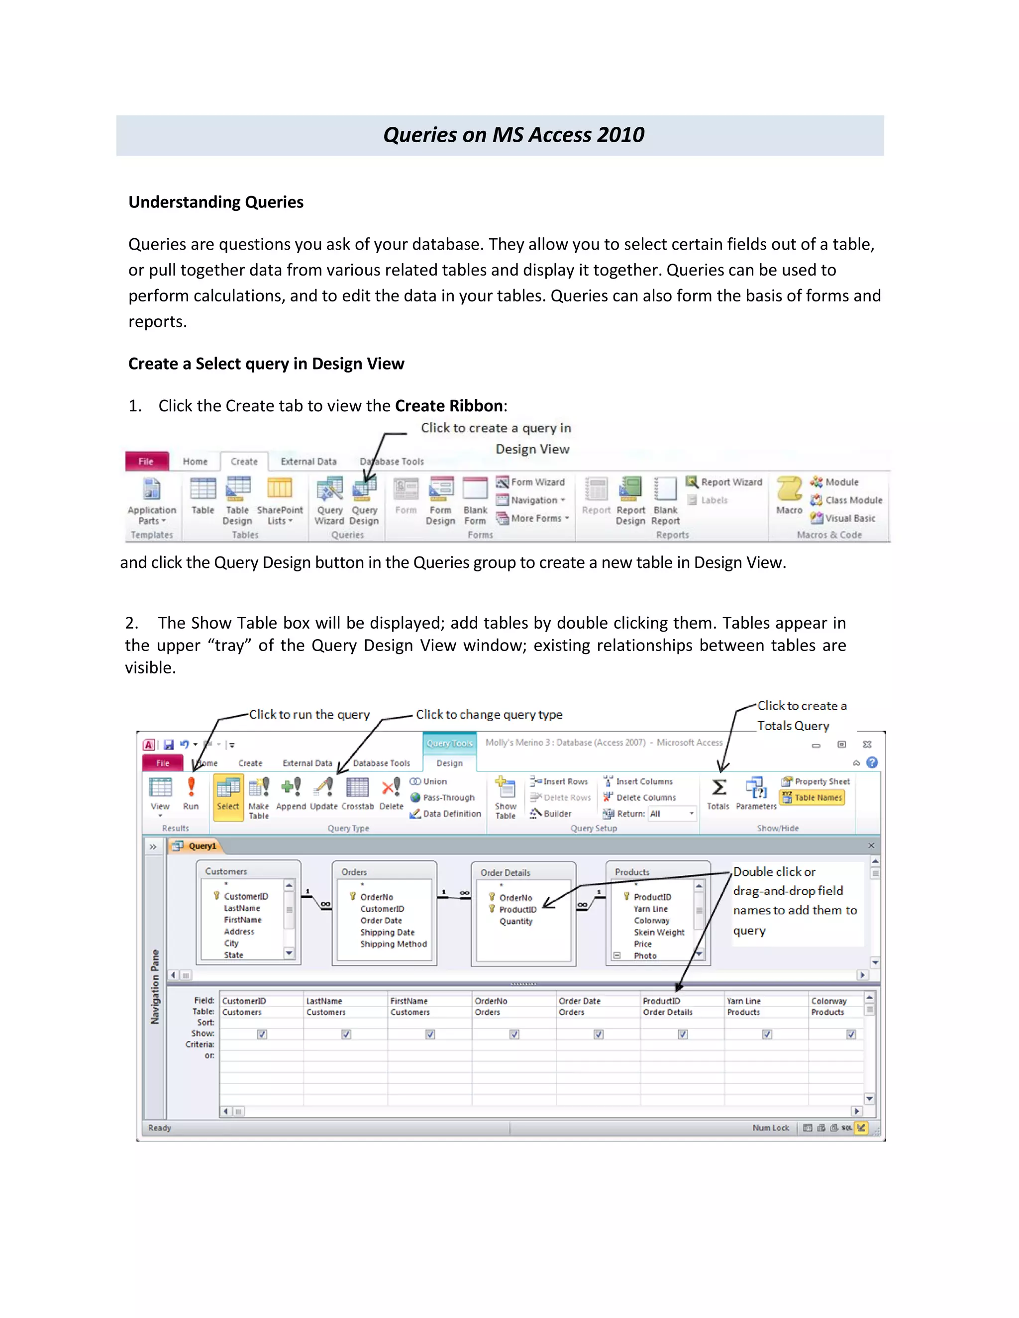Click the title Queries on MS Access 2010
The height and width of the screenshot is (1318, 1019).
[x=513, y=135]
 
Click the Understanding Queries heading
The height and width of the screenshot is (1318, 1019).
[x=215, y=202]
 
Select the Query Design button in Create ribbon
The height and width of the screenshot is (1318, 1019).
[x=364, y=500]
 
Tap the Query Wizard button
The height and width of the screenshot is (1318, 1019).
[x=329, y=500]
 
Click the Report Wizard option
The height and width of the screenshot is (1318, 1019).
[x=724, y=482]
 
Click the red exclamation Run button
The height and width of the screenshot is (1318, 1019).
[x=191, y=792]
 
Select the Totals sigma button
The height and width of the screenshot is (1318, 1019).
[x=718, y=792]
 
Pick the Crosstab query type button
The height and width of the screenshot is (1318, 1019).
[x=357, y=792]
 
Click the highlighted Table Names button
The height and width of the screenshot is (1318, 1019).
[x=812, y=798]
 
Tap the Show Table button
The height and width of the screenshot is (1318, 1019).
[x=506, y=797]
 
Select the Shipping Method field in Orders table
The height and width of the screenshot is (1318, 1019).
[x=393, y=944]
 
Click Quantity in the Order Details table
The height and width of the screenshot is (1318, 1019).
[x=515, y=922]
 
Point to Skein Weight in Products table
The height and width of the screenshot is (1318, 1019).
[x=659, y=933]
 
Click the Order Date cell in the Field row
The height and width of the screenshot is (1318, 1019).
[x=579, y=1001]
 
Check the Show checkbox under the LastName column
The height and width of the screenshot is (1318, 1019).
[x=346, y=1035]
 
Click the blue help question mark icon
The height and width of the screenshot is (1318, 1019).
[x=872, y=763]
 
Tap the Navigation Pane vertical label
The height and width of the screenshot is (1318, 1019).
[x=155, y=987]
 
